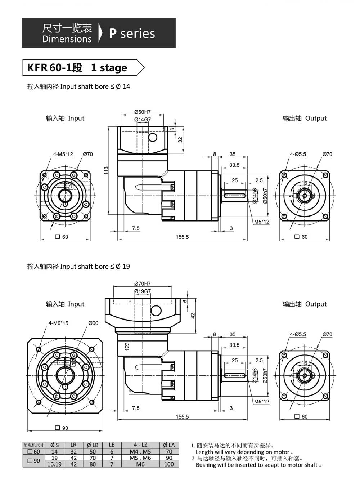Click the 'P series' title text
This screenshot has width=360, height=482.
132,34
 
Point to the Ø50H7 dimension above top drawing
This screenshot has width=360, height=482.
142,112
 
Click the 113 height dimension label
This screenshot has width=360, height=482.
106,170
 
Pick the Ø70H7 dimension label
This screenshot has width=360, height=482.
142,284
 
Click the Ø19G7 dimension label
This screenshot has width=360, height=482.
142,291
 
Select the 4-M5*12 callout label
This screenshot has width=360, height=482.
63,154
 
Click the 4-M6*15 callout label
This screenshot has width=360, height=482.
58,323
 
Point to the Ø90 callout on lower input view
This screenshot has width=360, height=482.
93,323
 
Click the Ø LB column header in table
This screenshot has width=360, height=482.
93,445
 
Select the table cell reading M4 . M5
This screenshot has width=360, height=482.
140,451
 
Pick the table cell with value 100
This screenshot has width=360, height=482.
169,464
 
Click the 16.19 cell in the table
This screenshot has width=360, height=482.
54,464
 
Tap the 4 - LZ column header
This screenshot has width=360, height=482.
140,445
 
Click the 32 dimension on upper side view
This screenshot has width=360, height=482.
180,139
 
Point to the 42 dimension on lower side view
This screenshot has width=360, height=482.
193,315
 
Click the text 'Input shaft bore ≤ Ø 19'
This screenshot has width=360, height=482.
95,267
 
